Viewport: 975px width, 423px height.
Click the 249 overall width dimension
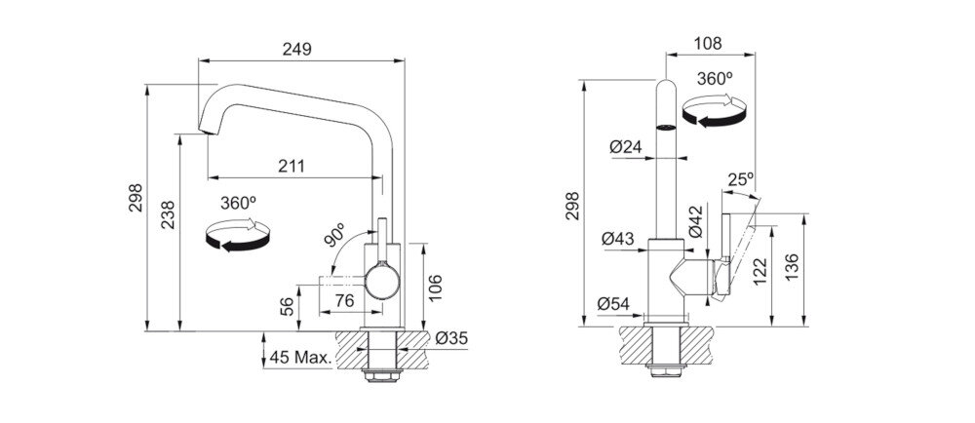pos(296,49)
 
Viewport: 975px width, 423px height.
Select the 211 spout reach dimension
pos(291,167)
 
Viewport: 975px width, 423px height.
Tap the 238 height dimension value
pos(168,215)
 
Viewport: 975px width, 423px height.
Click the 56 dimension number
pos(286,306)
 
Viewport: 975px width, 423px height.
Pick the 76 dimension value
pos(344,300)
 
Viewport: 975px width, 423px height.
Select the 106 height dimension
pos(435,288)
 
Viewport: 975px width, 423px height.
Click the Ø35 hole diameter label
pos(452,338)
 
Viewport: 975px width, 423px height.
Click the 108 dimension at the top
pos(708,44)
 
